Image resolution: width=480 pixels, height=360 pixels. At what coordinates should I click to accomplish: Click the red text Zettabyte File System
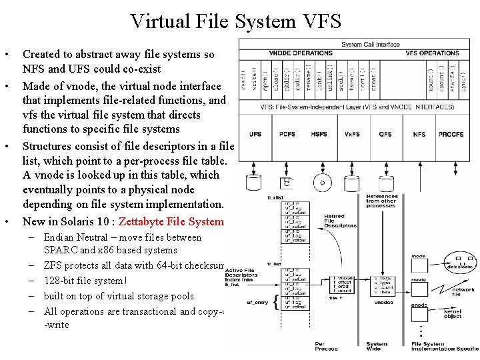[x=171, y=221]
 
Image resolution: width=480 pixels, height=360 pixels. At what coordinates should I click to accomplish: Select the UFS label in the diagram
[x=255, y=134]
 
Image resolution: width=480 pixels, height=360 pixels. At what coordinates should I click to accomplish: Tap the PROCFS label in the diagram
[x=451, y=134]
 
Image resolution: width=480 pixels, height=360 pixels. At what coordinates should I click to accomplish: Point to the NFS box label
[x=419, y=134]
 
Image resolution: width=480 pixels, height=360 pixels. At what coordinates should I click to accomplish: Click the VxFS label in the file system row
[x=353, y=134]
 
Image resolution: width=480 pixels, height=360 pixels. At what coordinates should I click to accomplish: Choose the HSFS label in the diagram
[x=319, y=134]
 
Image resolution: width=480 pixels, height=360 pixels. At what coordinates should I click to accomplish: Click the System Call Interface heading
[x=370, y=45]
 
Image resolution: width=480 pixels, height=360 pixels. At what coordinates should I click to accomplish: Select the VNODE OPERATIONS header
[x=301, y=53]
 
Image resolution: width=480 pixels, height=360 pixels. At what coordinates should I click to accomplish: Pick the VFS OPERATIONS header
[x=432, y=53]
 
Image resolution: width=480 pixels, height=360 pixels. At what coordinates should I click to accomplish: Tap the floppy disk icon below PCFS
[x=287, y=181]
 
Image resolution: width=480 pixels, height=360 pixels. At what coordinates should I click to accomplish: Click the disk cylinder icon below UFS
[x=255, y=181]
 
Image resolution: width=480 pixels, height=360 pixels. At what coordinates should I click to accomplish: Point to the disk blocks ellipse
[x=459, y=260]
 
